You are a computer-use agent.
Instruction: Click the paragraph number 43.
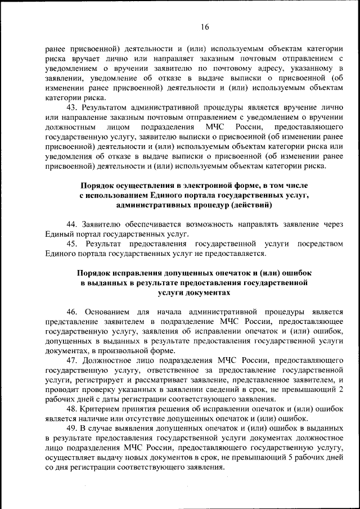point(71,107)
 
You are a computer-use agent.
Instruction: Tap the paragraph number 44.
point(71,224)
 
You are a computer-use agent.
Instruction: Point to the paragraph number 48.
point(71,408)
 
